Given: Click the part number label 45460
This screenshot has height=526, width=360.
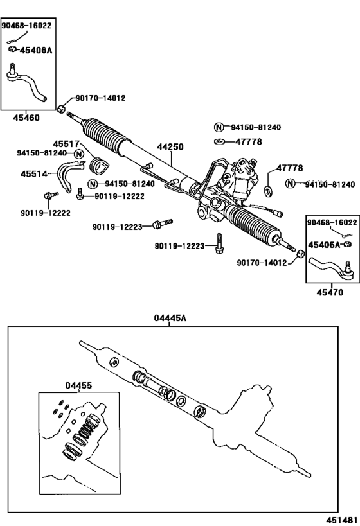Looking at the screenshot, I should click(x=27, y=118).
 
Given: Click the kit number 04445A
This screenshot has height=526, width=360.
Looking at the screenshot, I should click(x=169, y=317).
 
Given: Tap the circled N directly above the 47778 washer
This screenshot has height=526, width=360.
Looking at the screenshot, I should click(x=218, y=127).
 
